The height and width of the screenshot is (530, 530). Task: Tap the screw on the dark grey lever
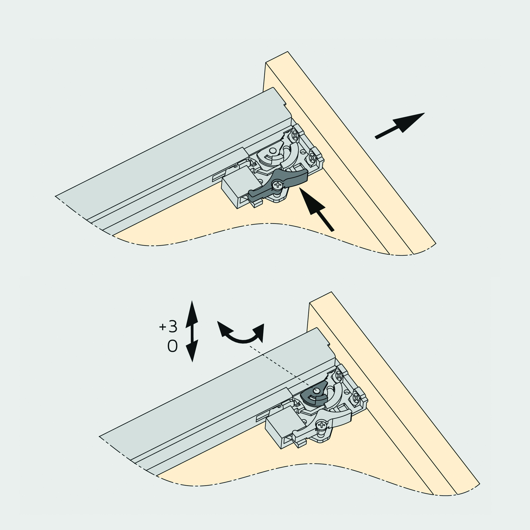click(278, 185)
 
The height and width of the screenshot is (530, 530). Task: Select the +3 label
click(168, 326)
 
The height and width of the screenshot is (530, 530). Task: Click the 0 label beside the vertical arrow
click(172, 346)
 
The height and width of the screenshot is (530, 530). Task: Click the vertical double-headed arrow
click(192, 331)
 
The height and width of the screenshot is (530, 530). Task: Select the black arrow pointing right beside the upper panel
click(400, 126)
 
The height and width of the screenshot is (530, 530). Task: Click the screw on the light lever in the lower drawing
click(321, 425)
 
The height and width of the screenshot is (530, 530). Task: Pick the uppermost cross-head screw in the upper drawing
click(295, 135)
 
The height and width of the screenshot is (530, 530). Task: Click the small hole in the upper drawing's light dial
click(273, 151)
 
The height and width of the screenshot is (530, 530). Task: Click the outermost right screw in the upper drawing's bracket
click(312, 157)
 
